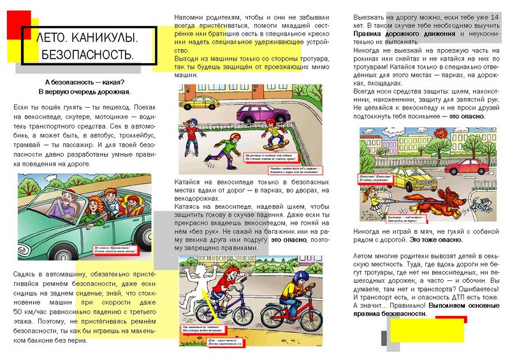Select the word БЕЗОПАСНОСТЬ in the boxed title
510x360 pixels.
point(87,55)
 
